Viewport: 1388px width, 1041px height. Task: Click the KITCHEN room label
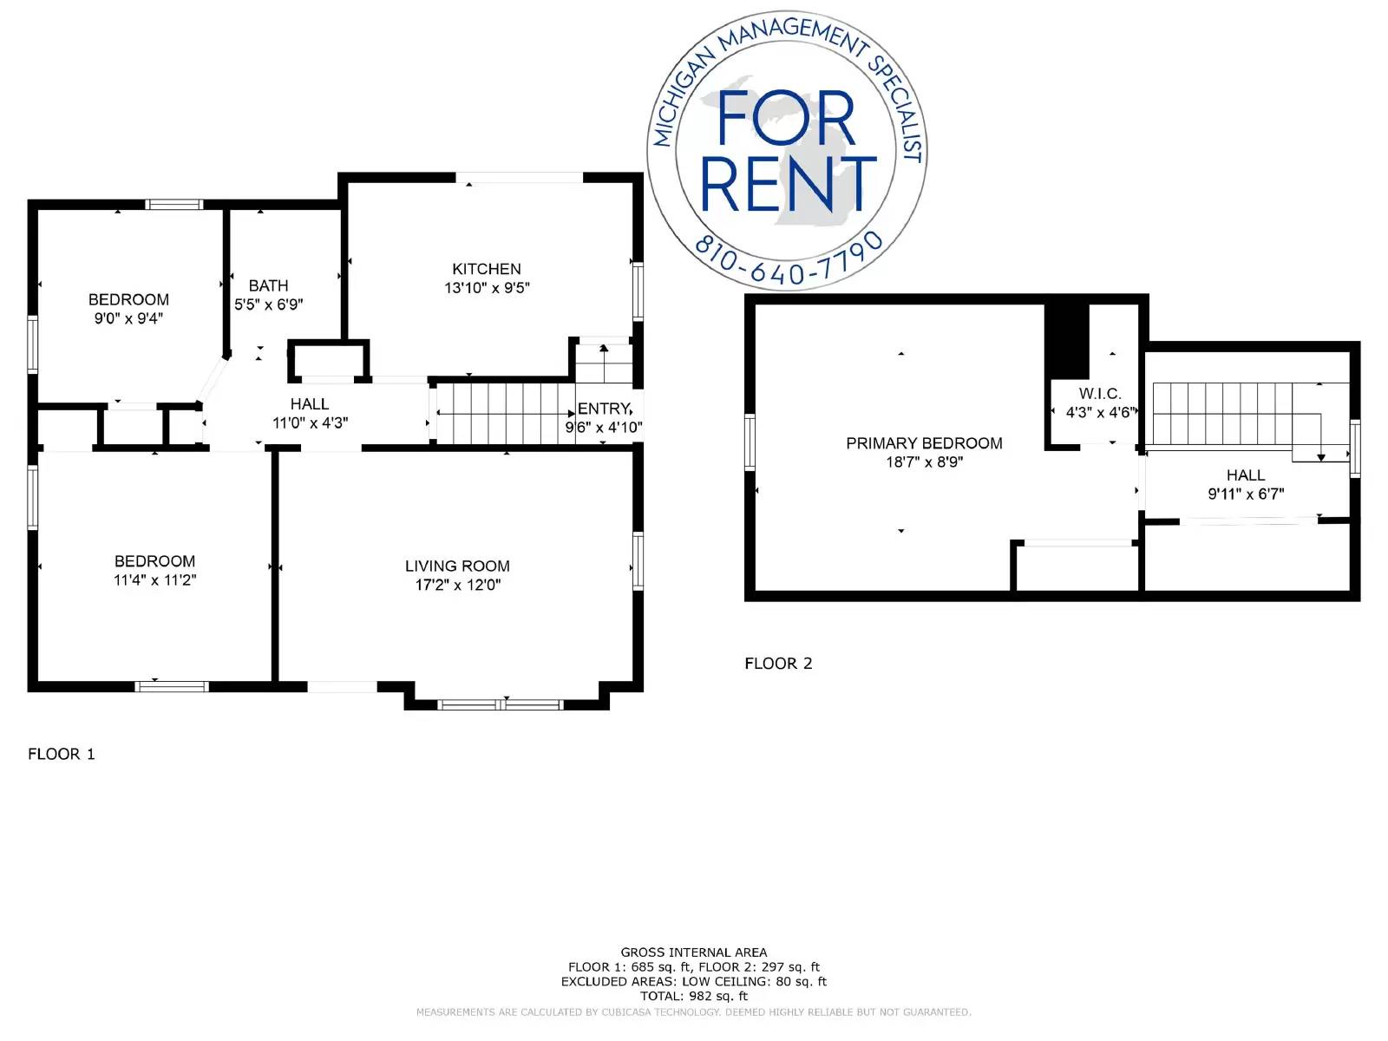487,269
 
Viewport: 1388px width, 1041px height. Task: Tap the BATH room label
268,285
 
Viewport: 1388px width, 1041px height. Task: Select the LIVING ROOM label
457,566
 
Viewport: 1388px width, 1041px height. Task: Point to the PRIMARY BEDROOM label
924,443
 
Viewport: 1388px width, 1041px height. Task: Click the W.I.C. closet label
1100,394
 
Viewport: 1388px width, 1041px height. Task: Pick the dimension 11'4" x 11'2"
155,580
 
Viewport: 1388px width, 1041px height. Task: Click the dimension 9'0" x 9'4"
128,318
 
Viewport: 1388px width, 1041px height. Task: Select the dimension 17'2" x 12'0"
458,585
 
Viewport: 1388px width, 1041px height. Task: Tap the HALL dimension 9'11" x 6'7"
1246,494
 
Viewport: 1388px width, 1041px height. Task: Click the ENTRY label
604,409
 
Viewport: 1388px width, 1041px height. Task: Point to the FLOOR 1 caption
62,754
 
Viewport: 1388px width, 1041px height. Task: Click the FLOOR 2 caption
778,664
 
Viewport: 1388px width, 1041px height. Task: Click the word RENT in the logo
788,185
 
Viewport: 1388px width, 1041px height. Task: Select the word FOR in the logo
786,119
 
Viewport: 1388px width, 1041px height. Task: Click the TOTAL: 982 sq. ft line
694,996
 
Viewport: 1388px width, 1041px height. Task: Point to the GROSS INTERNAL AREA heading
694,953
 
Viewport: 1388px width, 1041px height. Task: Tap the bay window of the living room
501,704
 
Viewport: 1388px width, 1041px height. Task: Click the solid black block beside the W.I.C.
1066,340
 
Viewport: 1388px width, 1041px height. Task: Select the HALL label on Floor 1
310,404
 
